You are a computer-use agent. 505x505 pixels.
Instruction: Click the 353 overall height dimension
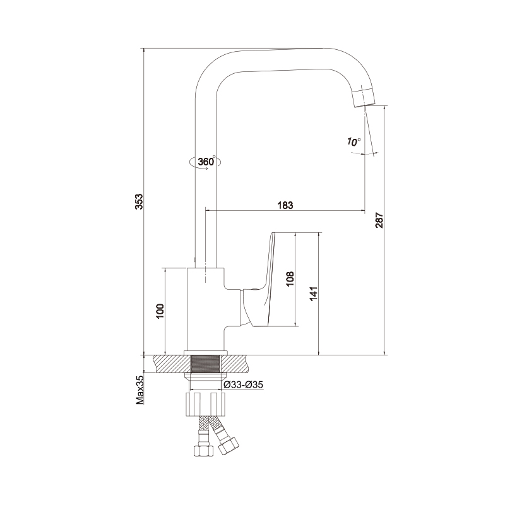coord(138,201)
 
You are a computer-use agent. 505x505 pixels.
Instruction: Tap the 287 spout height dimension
coord(379,220)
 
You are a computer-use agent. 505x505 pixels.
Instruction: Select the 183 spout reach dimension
coord(285,205)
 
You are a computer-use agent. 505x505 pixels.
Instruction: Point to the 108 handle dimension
coord(290,279)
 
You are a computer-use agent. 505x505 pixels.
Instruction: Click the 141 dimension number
coord(314,294)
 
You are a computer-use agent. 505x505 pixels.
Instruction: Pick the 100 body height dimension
coord(160,311)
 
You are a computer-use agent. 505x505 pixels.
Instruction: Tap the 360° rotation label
coord(206,162)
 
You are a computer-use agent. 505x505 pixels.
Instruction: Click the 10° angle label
coord(353,141)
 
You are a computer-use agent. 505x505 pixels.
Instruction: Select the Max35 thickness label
coord(140,391)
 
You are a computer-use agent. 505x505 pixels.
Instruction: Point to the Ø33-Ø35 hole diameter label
coord(244,384)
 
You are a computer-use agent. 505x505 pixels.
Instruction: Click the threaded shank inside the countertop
coord(206,364)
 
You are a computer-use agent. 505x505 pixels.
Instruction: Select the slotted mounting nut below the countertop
coord(205,404)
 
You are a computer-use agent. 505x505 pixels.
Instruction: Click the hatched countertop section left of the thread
coord(172,364)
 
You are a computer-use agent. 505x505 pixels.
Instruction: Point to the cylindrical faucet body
coord(206,309)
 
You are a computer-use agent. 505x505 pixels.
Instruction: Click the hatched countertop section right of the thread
coord(234,364)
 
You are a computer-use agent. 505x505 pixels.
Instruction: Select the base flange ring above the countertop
coord(206,353)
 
